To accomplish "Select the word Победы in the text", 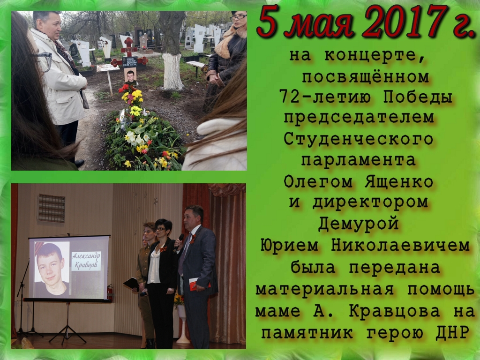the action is pos(418,97).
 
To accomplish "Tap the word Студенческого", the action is pos(358,140).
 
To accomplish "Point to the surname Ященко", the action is pos(398,182).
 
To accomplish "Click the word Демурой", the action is pos(358,224).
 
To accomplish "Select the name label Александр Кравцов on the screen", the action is pos(86,261).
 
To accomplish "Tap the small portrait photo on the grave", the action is pos(130,75).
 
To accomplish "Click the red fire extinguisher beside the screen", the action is pos(110,292).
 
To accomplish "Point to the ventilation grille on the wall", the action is pos(52,208).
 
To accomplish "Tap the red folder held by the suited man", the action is pos(198,284).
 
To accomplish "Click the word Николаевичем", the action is pos(400,246).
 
